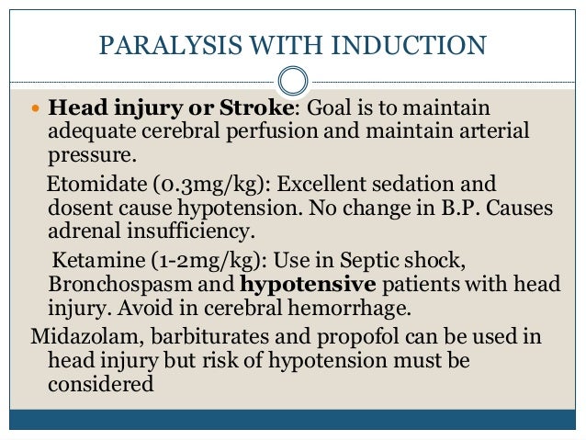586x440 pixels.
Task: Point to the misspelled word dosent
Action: pos(77,207)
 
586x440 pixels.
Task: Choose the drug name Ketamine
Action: pos(91,255)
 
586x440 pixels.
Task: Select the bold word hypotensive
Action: pos(304,280)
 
